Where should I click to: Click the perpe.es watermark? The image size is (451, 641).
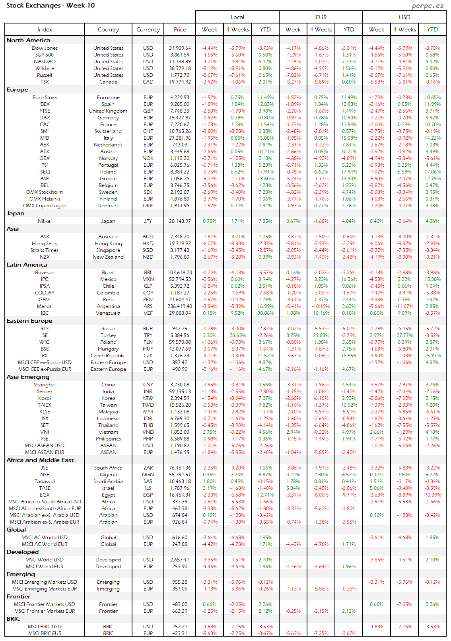(x=428, y=6)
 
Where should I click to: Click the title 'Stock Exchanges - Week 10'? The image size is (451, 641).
(x=51, y=6)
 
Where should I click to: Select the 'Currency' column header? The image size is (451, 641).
(x=148, y=29)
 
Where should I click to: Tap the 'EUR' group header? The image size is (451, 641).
(x=321, y=17)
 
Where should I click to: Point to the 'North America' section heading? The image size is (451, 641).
(x=28, y=40)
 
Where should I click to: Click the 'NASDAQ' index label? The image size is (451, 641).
(x=45, y=62)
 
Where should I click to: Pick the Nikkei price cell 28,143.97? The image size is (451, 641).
(x=180, y=221)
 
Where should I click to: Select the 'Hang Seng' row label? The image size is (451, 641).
(x=45, y=244)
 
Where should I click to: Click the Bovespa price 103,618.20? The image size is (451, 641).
(x=180, y=273)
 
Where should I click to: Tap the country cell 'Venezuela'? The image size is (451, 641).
(x=108, y=313)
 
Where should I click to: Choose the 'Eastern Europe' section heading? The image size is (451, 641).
(x=29, y=321)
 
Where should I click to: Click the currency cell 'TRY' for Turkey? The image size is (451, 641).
(x=148, y=335)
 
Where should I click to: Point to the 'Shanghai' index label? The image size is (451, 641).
(x=45, y=385)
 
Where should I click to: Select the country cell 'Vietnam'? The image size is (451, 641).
(x=108, y=432)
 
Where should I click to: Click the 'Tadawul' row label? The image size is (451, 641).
(x=45, y=481)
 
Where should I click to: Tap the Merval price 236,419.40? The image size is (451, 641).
(x=180, y=306)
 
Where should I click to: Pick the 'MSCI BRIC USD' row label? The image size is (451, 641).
(x=45, y=627)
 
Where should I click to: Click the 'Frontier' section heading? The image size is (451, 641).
(x=18, y=596)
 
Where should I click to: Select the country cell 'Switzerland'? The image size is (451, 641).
(x=108, y=131)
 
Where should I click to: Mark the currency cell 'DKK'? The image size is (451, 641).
(x=148, y=206)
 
